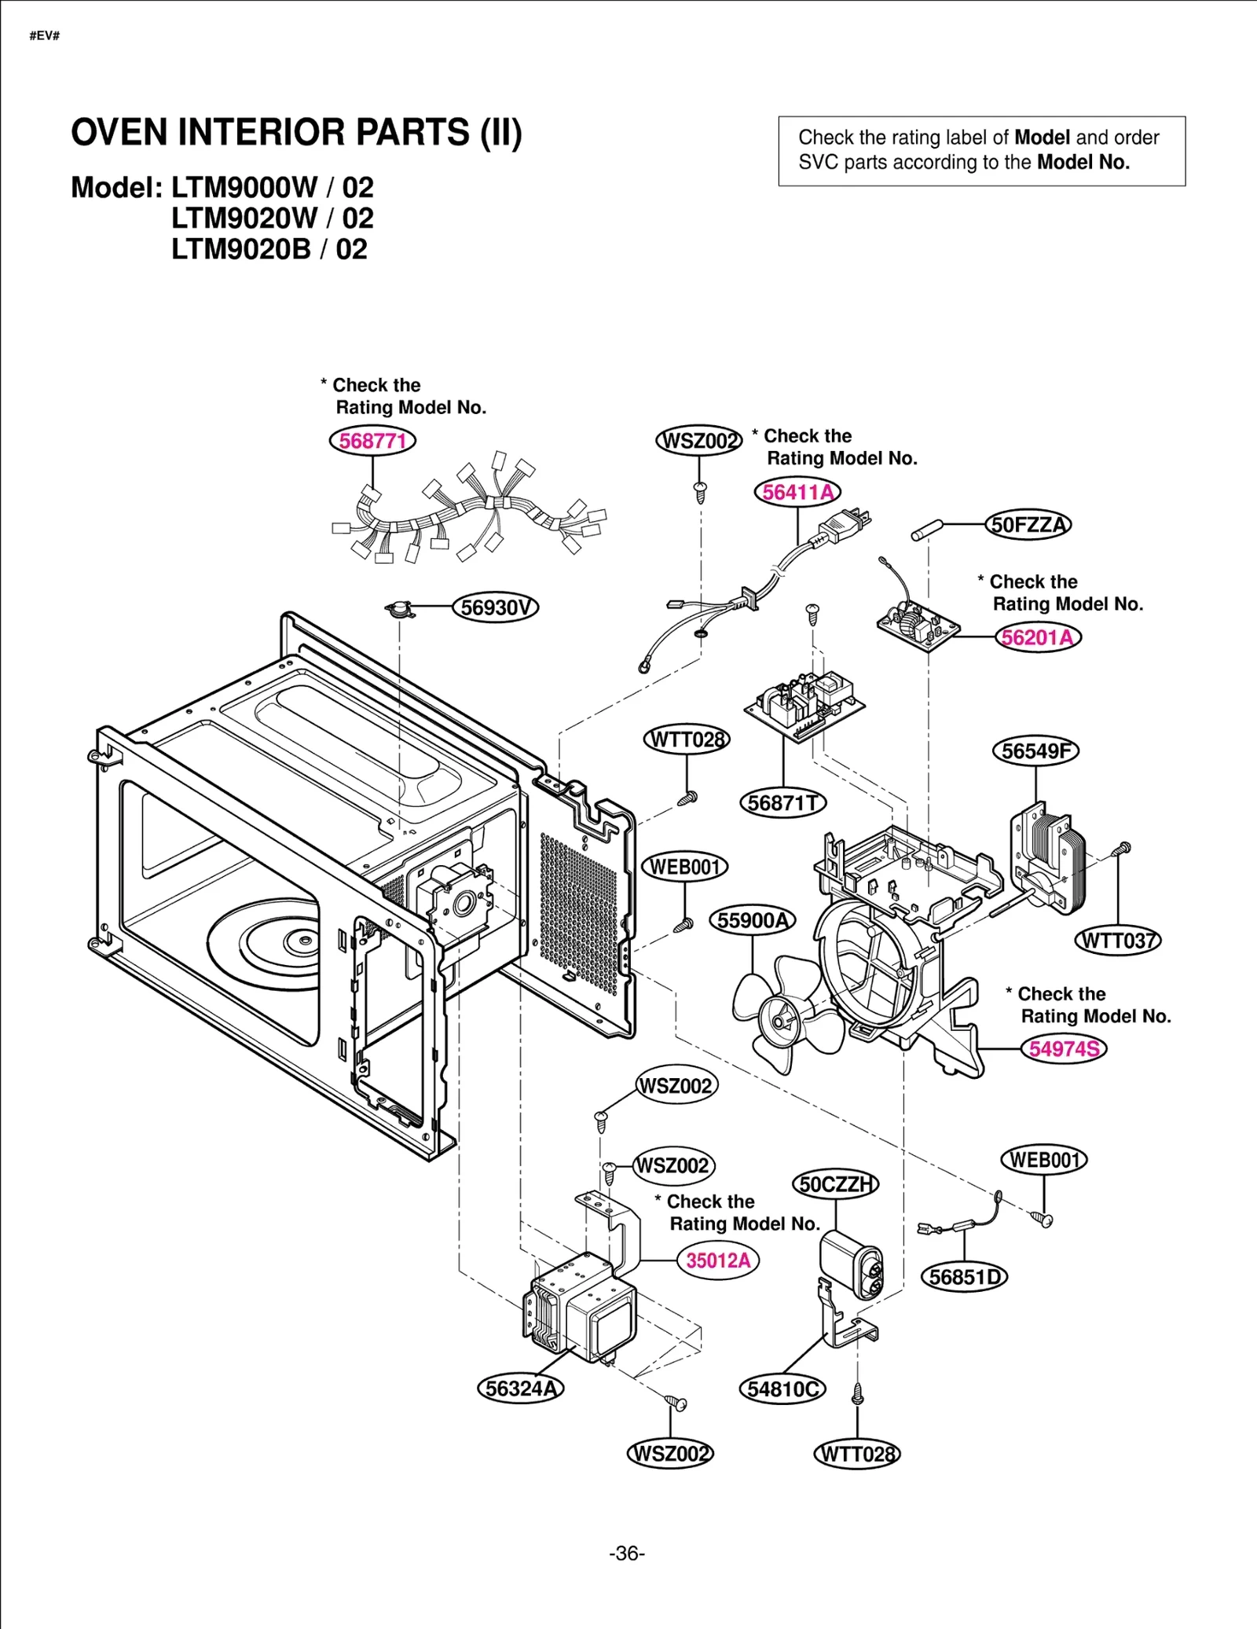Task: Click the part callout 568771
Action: point(372,441)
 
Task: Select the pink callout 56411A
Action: point(797,493)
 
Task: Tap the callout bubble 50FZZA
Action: point(1028,525)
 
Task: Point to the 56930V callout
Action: point(496,607)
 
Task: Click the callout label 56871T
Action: point(782,803)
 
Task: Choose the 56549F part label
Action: point(1035,751)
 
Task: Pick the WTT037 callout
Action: point(1117,941)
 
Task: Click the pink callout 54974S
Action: point(1063,1049)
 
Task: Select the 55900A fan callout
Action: point(752,920)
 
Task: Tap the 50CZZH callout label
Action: point(836,1184)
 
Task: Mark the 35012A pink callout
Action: point(717,1260)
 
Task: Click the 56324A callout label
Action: point(520,1389)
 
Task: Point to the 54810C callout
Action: point(782,1389)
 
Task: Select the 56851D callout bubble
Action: point(964,1277)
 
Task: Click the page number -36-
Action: point(627,1554)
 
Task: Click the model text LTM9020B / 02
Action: point(269,250)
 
